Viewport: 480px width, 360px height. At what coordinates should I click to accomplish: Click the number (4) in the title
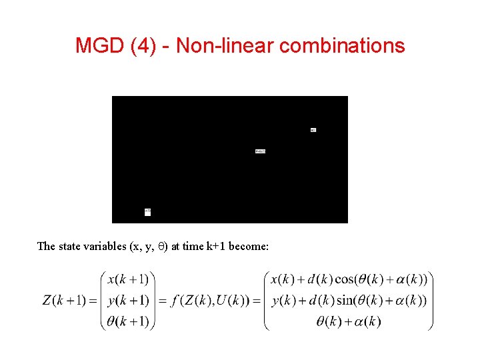145,45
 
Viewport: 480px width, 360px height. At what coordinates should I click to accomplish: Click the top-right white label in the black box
313,129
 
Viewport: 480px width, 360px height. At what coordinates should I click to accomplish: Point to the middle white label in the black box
260,151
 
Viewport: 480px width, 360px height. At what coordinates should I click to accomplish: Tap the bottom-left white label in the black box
147,212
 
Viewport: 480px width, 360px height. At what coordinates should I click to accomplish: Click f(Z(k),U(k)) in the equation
210,300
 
